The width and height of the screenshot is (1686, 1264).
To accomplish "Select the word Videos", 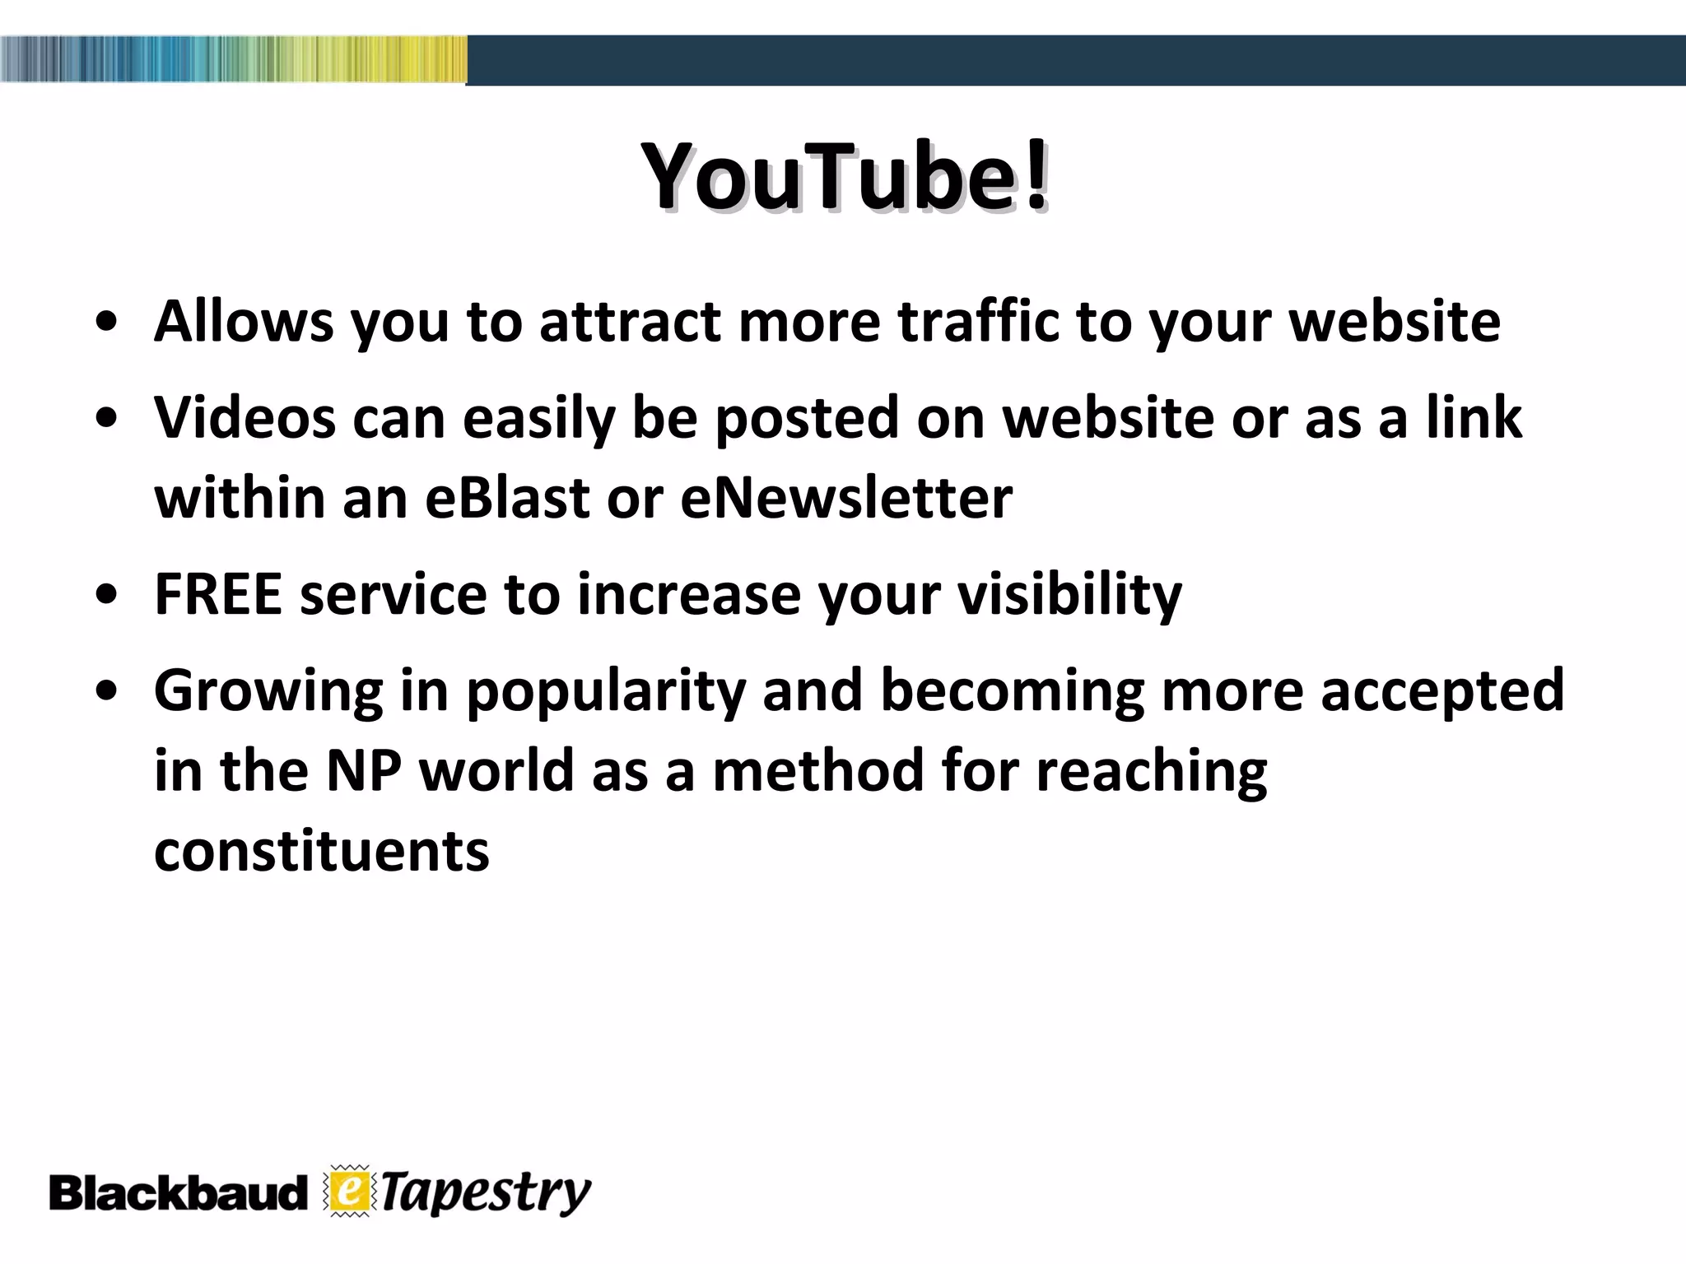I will tap(245, 417).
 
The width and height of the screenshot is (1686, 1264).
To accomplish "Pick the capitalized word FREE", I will tap(218, 593).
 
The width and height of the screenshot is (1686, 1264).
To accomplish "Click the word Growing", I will tap(268, 691).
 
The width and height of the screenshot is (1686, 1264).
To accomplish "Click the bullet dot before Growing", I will tap(105, 692).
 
